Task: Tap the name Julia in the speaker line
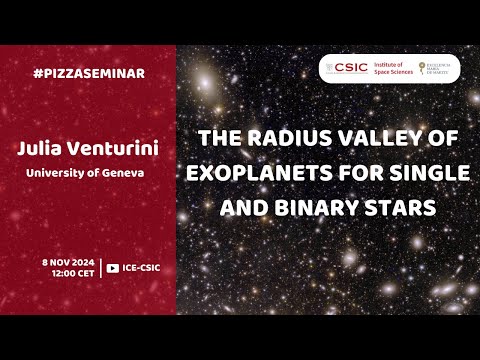point(40,149)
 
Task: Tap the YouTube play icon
point(113,267)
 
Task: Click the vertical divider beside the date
point(101,267)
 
